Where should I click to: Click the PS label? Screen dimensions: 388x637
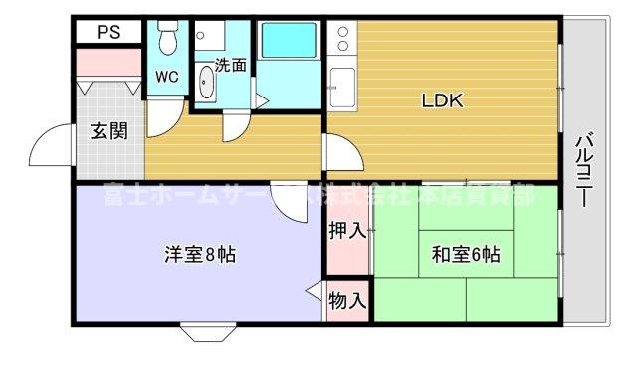pyautogui.click(x=108, y=31)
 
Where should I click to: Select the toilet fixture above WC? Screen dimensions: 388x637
pyautogui.click(x=166, y=40)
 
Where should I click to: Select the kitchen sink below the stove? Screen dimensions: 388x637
pyautogui.click(x=341, y=87)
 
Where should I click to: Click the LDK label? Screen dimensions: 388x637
pyautogui.click(x=443, y=99)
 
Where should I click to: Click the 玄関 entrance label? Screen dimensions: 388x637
pyautogui.click(x=108, y=130)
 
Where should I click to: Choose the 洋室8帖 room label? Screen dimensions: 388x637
pyautogui.click(x=199, y=254)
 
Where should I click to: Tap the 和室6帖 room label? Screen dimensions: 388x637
pyautogui.click(x=465, y=255)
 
